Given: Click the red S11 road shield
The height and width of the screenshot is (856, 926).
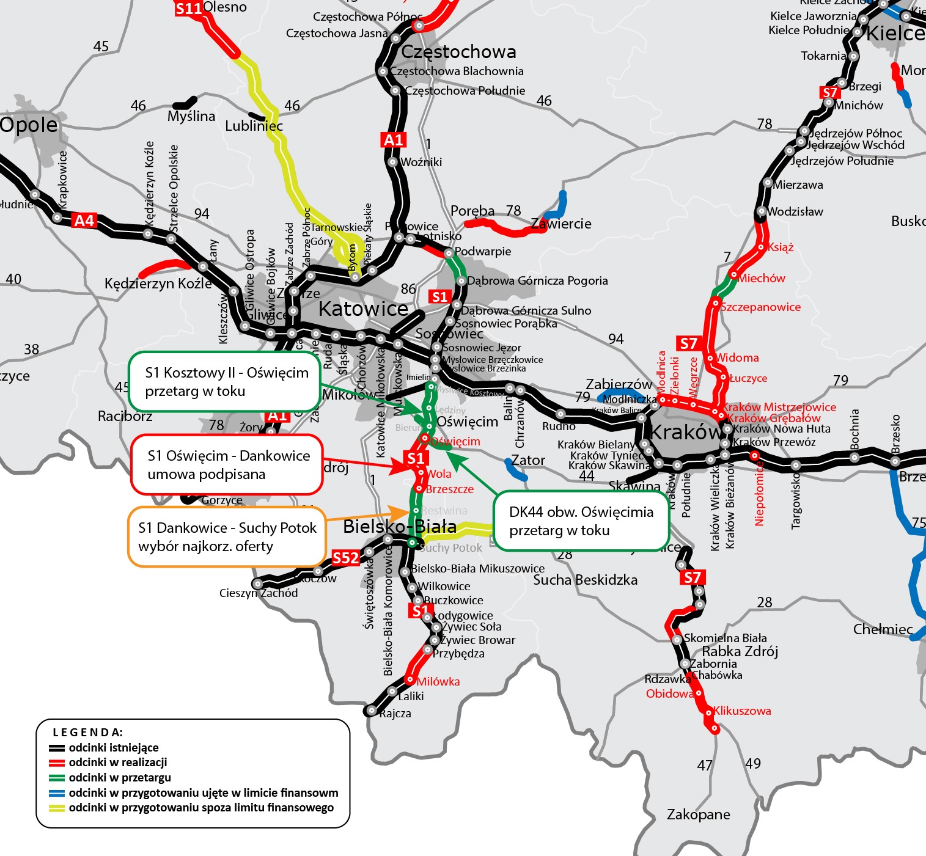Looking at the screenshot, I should [188, 9].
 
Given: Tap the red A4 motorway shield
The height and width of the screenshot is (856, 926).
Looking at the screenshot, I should [84, 221].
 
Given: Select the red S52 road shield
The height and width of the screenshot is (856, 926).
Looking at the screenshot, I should [345, 558].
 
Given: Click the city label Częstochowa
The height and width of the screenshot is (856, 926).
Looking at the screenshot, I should [458, 52].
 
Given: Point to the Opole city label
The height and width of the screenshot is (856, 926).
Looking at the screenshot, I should [29, 125].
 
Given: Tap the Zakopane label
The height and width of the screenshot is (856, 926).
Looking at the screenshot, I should [698, 814].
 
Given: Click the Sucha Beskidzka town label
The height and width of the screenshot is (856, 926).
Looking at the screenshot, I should [585, 580].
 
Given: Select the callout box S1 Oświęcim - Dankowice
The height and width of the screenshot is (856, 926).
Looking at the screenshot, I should [227, 465].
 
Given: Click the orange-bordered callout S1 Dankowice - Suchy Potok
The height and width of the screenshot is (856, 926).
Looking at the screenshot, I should [227, 537].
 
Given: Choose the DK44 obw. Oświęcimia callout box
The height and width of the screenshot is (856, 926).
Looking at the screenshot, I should [581, 521].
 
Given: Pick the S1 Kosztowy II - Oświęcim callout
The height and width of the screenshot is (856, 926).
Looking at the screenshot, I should [225, 382].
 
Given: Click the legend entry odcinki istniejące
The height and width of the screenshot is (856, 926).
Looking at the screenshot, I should [113, 748].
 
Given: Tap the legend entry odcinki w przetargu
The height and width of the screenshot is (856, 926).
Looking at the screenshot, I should [119, 778].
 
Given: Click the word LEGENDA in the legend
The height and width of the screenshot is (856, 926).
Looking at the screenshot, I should [87, 733].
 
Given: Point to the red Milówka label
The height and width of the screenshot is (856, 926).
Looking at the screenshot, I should [438, 682].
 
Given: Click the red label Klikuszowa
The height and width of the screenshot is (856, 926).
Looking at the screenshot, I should [742, 711].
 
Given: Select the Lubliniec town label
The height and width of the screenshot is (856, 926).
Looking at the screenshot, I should [254, 126].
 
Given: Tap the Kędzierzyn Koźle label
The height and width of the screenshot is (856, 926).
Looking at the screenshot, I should [158, 284].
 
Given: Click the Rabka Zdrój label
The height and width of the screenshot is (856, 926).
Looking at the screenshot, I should [740, 651].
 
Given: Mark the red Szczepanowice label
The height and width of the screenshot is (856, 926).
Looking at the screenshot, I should [760, 307].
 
